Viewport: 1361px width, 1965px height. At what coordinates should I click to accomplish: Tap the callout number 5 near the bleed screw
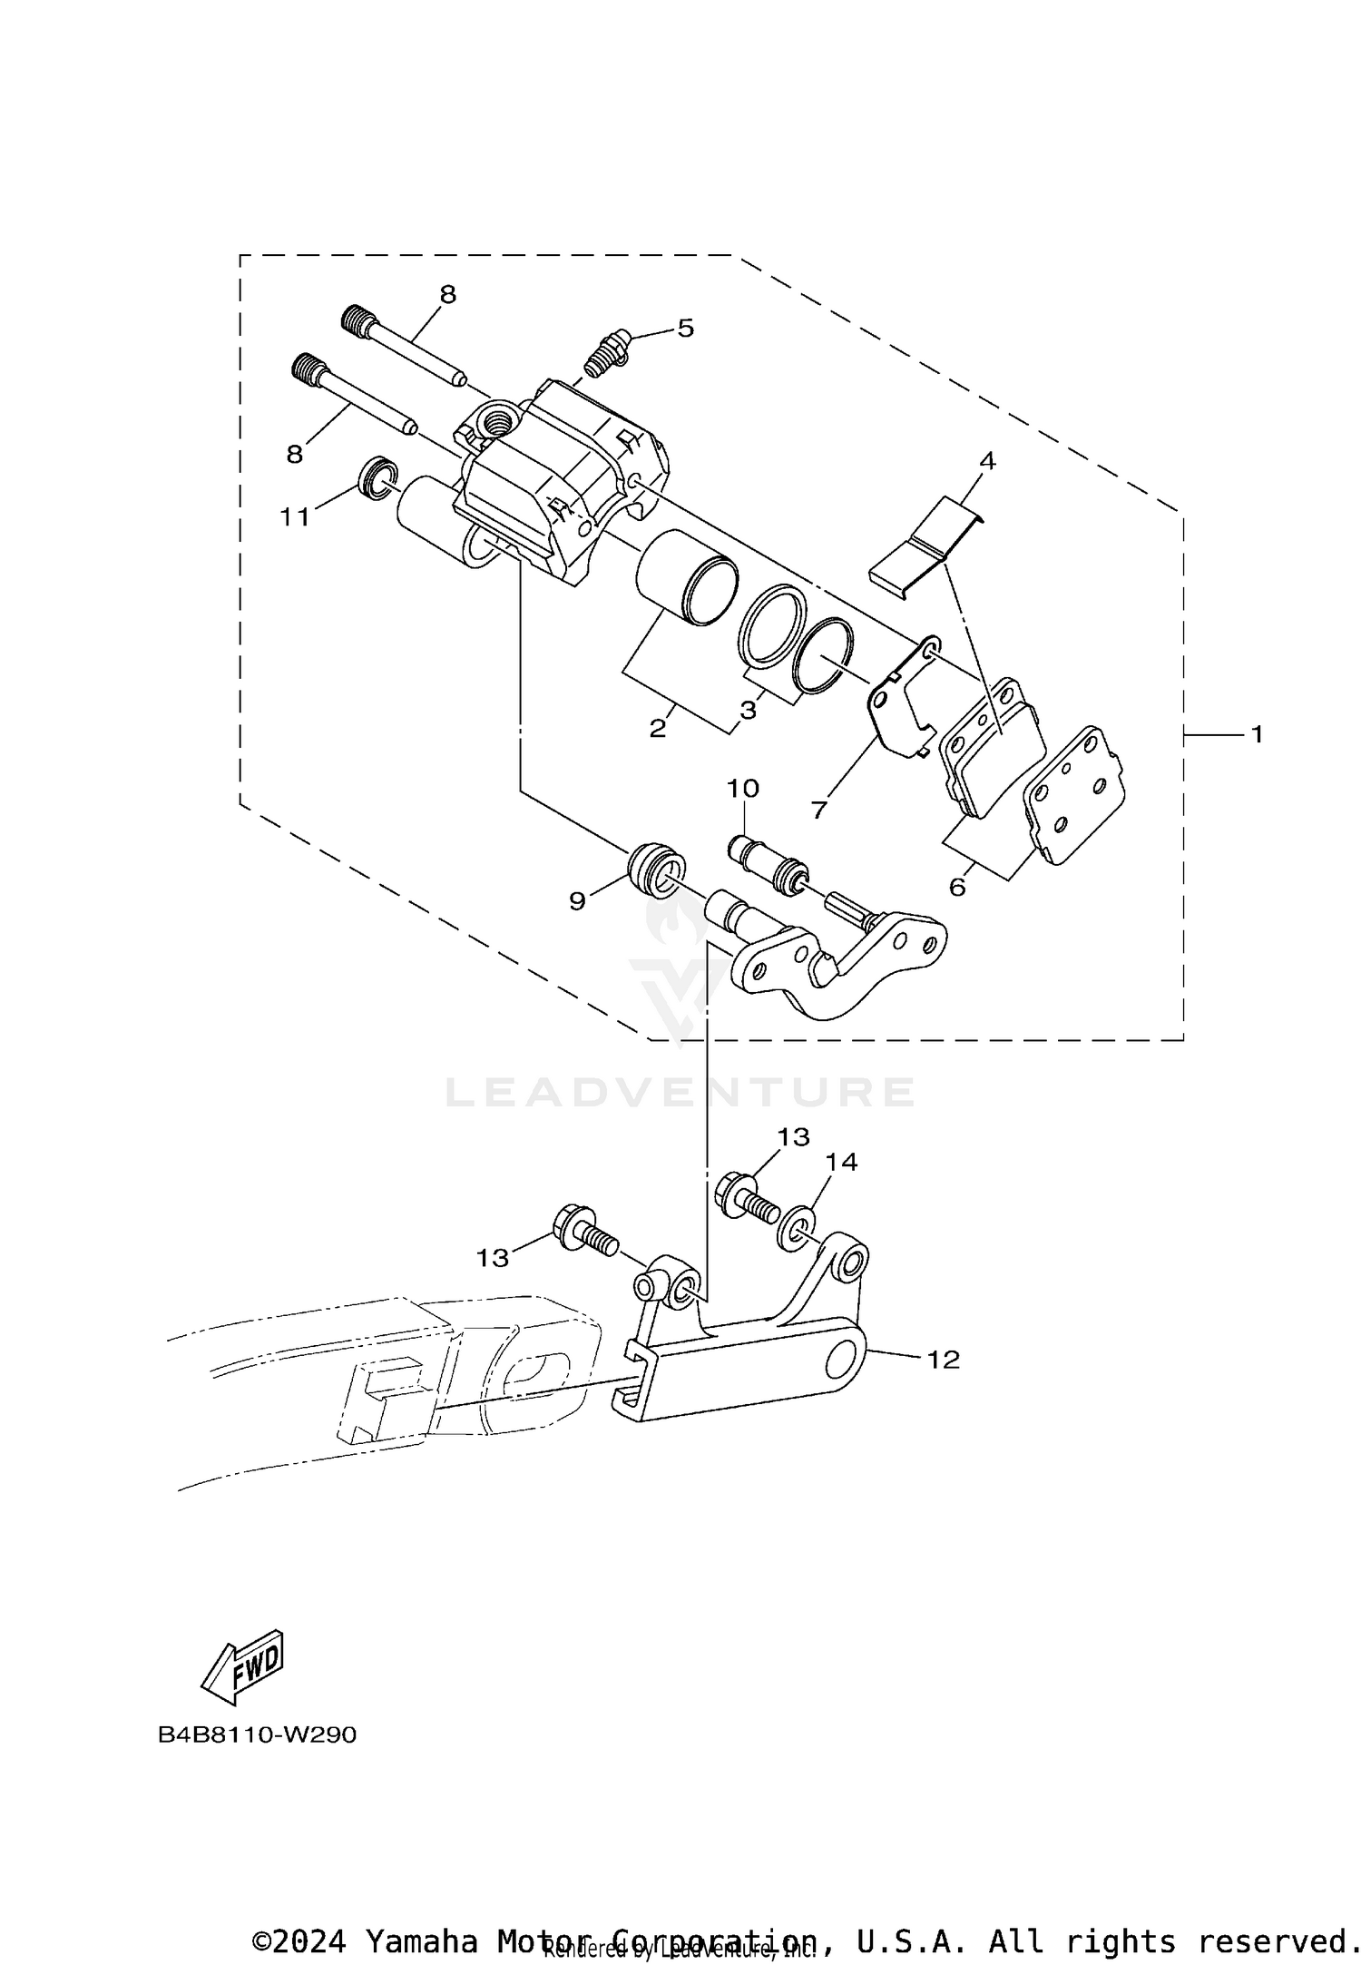coord(685,328)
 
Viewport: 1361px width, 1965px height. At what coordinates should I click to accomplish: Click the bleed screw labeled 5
coord(604,355)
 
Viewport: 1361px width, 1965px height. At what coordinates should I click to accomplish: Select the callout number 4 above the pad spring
coord(987,461)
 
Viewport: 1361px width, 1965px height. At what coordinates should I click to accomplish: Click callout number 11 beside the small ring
coord(294,516)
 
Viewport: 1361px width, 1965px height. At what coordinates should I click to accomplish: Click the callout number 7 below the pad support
coord(819,810)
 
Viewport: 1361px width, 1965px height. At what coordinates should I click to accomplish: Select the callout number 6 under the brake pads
coord(957,887)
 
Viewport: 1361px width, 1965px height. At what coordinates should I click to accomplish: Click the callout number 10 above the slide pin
coord(742,788)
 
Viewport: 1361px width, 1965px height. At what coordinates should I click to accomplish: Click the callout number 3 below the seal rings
coord(748,711)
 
